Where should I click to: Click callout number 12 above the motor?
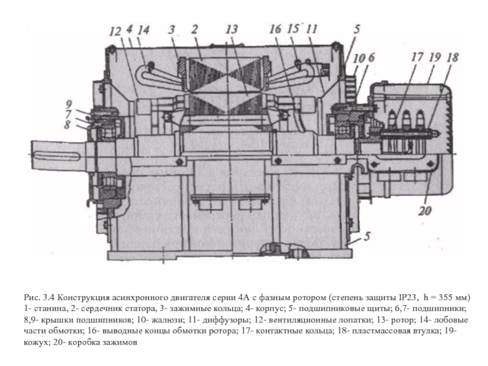point(115,32)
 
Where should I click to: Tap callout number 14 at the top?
point(144,30)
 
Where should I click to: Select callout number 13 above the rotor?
point(232,30)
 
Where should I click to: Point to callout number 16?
point(276,29)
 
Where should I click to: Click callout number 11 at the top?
point(312,29)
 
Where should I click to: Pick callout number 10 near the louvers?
point(359,58)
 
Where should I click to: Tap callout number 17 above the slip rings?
point(417,57)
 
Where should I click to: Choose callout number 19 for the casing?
point(435,57)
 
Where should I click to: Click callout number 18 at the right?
point(453,57)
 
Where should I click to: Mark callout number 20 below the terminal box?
point(425,211)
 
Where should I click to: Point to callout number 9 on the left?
point(69,104)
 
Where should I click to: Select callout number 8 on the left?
point(67,125)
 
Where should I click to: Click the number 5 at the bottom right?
point(367,236)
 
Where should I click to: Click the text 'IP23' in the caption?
point(407,297)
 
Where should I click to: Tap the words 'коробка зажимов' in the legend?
point(102,343)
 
